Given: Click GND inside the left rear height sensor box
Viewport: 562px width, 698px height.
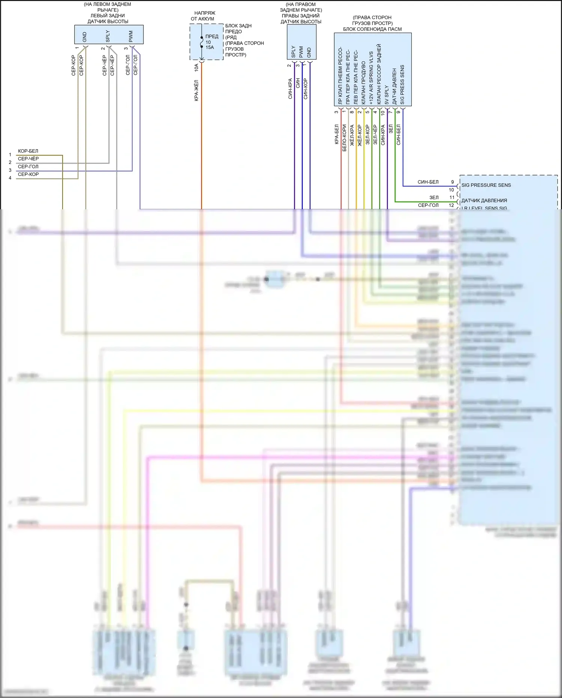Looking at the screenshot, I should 85,37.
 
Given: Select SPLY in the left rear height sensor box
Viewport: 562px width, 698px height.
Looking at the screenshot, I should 108,36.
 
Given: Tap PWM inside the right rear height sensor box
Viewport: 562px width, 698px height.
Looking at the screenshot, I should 301,52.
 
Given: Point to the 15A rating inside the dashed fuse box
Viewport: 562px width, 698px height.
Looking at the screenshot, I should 210,47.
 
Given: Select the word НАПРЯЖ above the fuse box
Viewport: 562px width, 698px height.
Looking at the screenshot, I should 205,13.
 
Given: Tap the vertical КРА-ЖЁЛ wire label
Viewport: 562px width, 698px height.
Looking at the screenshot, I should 196,90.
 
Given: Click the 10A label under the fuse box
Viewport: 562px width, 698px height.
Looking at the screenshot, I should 196,68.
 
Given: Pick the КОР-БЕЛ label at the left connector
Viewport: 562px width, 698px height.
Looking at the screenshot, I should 28,151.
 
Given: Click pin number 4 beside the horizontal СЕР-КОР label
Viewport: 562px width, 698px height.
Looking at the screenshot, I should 10,178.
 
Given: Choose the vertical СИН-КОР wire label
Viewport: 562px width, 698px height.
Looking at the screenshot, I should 306,89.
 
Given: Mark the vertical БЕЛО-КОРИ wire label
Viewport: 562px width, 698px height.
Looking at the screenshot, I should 344,138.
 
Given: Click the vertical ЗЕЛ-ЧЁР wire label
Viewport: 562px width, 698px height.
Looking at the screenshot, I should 375,135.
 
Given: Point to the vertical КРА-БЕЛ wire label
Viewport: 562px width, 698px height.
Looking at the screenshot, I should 336,134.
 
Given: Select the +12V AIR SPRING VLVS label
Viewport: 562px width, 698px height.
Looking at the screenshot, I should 371,78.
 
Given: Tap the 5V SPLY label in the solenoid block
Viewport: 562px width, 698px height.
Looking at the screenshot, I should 387,95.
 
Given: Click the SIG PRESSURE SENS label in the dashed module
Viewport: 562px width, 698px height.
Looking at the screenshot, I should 486,185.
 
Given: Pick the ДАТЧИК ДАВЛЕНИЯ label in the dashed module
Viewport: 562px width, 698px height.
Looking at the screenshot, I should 484,201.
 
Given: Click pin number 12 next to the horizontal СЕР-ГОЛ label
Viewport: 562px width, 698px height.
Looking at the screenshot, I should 451,205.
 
